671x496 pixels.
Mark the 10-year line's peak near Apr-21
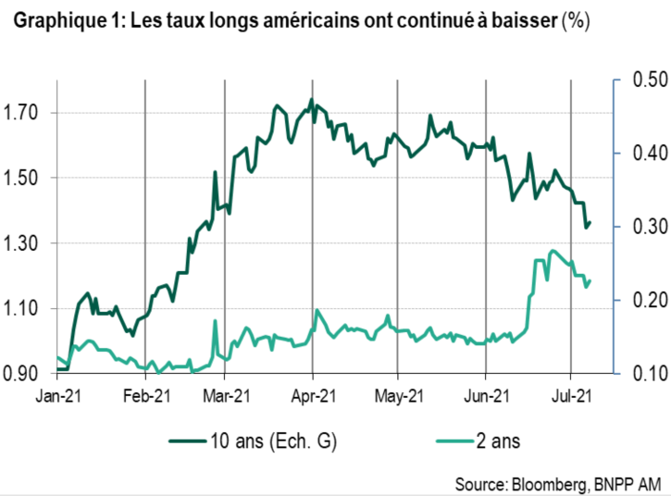point(311,99)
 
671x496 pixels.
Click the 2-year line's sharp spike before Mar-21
point(215,321)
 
